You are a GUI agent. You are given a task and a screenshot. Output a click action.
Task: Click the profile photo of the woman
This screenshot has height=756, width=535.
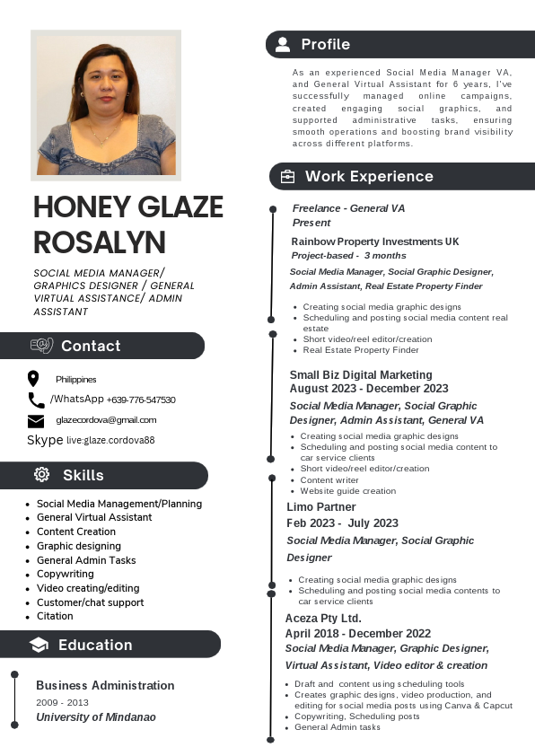point(106,104)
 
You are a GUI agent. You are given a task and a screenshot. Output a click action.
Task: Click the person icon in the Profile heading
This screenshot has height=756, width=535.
point(283,44)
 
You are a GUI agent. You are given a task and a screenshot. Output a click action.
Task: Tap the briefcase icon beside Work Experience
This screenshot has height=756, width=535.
point(287,177)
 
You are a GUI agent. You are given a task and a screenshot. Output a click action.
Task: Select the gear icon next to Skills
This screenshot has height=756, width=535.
point(41,475)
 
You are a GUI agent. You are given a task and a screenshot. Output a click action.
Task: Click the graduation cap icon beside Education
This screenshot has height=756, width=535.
point(39,645)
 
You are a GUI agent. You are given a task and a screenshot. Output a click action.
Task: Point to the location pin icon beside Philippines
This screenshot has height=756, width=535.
point(34,379)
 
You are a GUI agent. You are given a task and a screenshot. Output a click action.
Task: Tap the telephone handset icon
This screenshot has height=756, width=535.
point(36,400)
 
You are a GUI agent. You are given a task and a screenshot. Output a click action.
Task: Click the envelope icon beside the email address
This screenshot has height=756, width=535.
point(36,421)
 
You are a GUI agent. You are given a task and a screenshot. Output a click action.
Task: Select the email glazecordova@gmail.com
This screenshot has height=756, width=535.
point(106,420)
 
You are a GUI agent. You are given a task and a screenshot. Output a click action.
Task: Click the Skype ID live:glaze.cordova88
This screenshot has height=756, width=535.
point(110,441)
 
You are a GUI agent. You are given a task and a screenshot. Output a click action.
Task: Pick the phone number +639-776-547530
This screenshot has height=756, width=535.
point(141,400)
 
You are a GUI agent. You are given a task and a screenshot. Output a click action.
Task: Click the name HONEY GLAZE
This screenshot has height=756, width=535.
point(127,207)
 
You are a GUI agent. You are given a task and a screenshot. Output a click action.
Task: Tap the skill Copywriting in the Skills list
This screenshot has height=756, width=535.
point(66,574)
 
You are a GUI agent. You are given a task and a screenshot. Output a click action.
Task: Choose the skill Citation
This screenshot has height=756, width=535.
point(55,616)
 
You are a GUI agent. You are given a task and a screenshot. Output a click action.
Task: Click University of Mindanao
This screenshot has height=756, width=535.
point(96,717)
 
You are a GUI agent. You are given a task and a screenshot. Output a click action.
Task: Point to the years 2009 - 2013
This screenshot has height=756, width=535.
point(63,702)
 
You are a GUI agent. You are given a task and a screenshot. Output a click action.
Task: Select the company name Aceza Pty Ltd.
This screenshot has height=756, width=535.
point(323,619)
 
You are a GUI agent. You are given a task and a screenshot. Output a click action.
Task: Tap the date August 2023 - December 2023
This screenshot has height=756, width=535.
point(369,389)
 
